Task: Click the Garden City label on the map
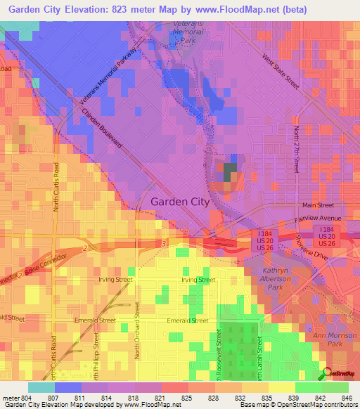180,202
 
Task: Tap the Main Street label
317,205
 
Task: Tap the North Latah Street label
259,358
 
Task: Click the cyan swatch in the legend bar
41,387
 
